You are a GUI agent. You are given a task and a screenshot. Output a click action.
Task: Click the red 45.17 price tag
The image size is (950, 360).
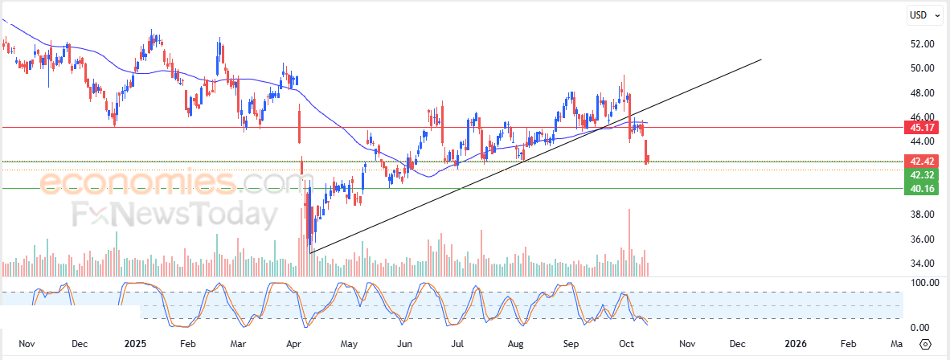coord(921,127)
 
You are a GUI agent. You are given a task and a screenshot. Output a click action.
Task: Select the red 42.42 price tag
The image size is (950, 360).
coord(921,162)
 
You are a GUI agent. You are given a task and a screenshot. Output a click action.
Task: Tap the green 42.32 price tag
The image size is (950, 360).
coord(921,175)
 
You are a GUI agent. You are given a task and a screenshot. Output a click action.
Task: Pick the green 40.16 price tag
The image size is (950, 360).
coord(921,189)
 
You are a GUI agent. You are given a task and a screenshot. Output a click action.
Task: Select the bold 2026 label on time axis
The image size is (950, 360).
coord(795,344)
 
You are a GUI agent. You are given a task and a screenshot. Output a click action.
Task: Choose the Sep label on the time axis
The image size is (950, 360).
coord(571,344)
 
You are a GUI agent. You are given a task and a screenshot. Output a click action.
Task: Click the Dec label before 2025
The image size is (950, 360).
coord(79,344)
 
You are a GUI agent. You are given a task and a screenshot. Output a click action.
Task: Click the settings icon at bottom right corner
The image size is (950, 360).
coord(925,344)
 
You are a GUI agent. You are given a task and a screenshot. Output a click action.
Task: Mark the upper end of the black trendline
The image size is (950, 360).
coord(760,59)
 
